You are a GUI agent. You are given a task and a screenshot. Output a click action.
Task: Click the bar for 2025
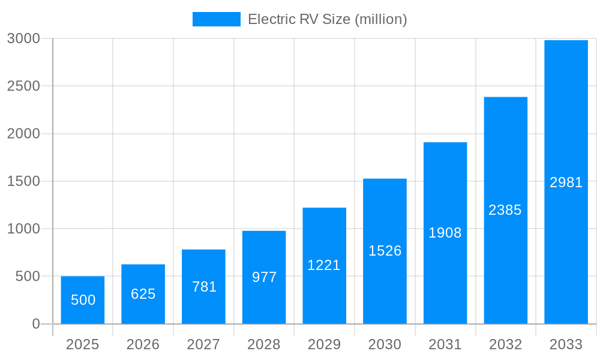(83, 300)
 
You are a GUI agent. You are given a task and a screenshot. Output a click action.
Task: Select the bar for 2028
(264, 277)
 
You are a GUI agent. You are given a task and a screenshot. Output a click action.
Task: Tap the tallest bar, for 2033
(566, 182)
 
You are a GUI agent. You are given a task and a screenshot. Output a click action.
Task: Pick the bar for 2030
(385, 251)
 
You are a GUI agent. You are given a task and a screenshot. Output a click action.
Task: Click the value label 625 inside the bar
(143, 294)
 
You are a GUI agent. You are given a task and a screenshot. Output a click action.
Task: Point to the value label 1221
(324, 265)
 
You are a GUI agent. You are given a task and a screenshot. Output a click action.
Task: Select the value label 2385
(505, 210)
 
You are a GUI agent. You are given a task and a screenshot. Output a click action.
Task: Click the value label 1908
(445, 233)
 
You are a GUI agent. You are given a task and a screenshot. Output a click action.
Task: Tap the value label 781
(204, 287)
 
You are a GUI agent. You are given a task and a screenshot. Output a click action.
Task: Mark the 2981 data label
(566, 182)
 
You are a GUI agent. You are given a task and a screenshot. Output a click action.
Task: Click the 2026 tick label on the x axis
(143, 344)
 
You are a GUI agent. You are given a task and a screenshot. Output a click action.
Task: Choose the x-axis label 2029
(324, 344)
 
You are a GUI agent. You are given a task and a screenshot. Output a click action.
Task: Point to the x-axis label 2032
(505, 344)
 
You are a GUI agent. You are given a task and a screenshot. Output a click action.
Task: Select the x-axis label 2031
(445, 344)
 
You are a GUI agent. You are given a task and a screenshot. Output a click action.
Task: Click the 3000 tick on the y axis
(23, 38)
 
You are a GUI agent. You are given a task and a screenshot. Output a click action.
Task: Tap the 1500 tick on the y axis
(23, 181)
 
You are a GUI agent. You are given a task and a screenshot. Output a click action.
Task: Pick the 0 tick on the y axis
(35, 324)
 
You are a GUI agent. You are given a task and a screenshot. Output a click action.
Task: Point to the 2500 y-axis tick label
(23, 86)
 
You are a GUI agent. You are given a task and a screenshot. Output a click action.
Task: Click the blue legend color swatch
(216, 19)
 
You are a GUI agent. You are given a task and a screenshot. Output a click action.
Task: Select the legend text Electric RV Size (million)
(328, 19)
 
